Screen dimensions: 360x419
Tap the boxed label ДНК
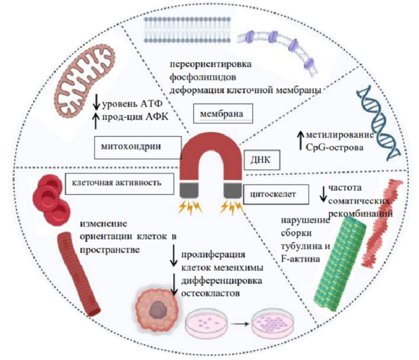[x=260, y=159]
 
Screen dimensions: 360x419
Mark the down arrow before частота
[x=323, y=194]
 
